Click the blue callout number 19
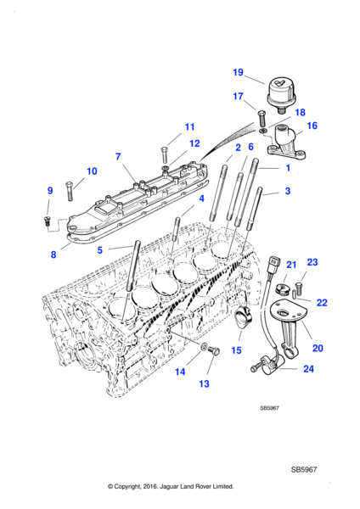point(238,72)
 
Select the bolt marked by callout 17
point(262,119)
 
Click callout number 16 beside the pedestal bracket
point(312,126)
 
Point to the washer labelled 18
point(263,131)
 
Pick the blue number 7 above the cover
point(118,157)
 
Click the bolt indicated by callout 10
point(70,191)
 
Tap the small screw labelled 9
point(46,221)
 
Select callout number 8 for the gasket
point(53,255)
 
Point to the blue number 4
point(201,199)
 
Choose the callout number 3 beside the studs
point(288,191)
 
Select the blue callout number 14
point(180,372)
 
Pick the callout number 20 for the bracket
point(318,348)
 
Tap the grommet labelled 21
point(279,289)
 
